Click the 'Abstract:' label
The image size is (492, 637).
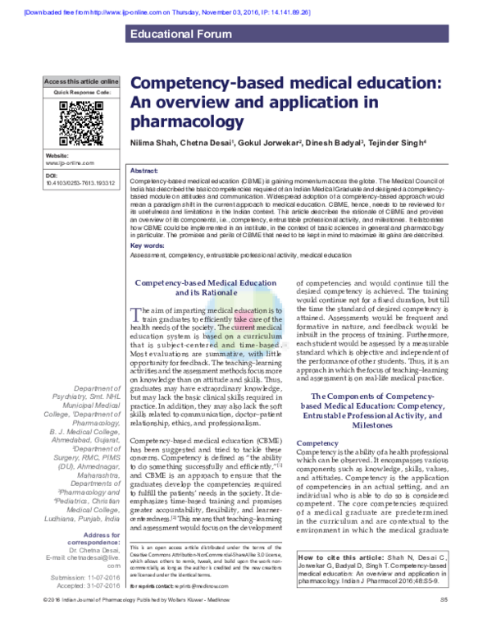coord(145,169)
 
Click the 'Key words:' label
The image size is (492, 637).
coord(148,245)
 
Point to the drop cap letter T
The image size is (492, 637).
coord(136,313)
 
